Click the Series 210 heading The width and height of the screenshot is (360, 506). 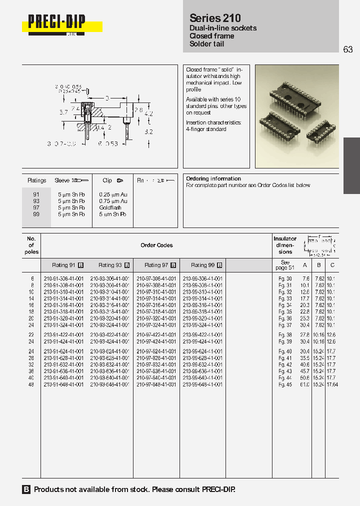pos(215,18)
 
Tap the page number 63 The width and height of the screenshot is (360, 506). pos(348,49)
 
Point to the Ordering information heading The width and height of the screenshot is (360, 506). pos(213,178)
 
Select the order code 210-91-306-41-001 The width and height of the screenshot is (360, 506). pos(63,278)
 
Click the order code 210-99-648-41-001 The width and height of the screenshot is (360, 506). pos(202,384)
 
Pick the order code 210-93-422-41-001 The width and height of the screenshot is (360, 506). pos(110,335)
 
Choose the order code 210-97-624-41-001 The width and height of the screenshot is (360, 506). pos(156,351)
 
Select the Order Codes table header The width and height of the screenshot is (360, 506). pos(156,245)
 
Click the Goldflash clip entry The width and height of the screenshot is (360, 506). pos(110,207)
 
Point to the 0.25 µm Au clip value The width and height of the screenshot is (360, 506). pos(113,194)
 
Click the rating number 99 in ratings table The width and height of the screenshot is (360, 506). pos(36,214)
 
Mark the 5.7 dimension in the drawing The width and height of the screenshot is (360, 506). pos(63,112)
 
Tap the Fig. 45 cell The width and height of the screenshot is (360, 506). pos(285,384)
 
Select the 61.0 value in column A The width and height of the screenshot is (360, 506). pos(304,384)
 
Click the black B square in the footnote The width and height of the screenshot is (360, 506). pos(26,489)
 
